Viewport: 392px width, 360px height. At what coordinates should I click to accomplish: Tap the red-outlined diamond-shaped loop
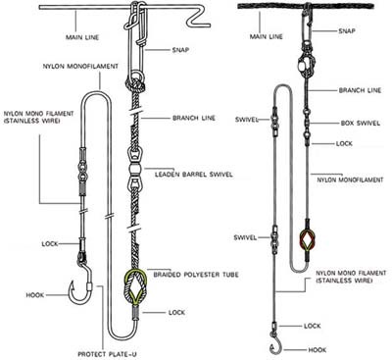coord(309,239)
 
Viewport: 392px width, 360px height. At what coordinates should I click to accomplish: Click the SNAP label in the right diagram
coord(347,31)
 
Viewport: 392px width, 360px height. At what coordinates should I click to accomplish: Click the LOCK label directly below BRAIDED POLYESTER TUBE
coord(176,311)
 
